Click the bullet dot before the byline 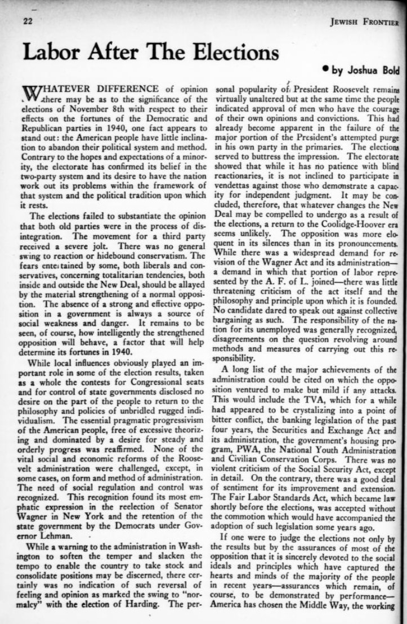(x=325, y=71)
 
